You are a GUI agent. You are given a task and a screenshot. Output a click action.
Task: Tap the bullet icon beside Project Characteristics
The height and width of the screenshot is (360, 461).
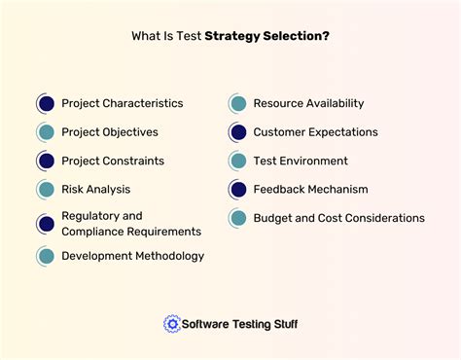46,103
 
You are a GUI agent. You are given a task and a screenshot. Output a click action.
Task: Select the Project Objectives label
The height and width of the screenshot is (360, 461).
109,131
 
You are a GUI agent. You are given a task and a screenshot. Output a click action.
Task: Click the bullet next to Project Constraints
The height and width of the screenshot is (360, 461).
46,161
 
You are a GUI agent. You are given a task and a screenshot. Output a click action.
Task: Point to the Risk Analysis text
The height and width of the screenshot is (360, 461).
95,189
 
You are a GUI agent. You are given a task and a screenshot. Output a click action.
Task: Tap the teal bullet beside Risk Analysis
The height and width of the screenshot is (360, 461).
46,189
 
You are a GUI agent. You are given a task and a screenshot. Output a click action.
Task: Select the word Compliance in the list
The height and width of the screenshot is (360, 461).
95,232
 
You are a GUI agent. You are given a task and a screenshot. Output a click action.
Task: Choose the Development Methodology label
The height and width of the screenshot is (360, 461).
132,256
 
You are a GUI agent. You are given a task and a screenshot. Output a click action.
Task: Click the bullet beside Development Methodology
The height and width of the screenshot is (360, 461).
46,256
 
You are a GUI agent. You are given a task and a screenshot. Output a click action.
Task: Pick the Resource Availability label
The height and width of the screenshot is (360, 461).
308,103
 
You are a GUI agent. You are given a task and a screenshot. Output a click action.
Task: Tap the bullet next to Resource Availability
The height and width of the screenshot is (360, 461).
237,103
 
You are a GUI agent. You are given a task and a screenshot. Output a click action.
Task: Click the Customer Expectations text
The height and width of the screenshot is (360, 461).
315,131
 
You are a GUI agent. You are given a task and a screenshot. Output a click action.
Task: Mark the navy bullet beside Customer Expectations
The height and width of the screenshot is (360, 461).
237,131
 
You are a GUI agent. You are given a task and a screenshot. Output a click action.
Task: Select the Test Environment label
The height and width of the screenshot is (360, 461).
300,161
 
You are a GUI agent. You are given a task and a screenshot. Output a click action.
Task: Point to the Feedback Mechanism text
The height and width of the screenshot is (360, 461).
310,189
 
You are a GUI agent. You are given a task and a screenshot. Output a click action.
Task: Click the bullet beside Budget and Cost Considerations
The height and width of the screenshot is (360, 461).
237,218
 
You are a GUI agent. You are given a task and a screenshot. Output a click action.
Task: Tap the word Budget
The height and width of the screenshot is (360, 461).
273,218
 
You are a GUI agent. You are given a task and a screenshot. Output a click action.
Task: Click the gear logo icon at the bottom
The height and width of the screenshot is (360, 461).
172,324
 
